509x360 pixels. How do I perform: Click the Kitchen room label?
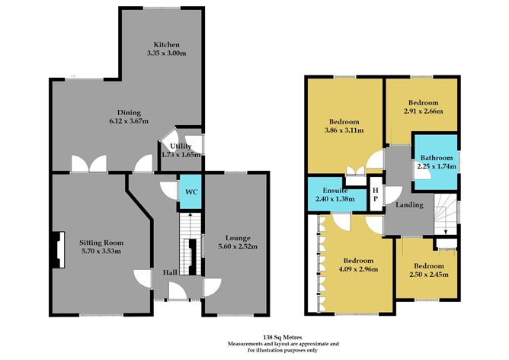166,44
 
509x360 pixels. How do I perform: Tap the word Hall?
171,273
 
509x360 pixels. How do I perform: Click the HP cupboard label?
376,192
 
